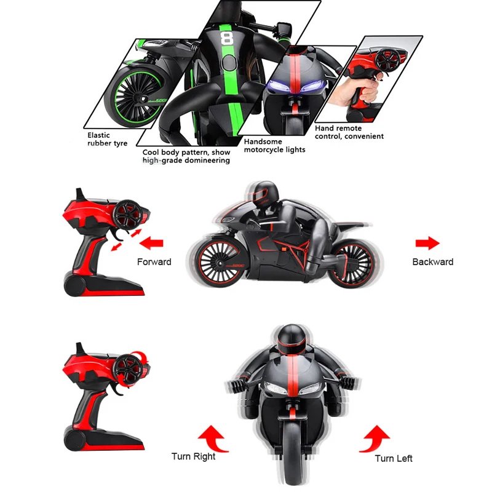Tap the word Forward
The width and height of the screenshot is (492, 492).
(154, 262)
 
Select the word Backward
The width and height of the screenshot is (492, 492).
(433, 262)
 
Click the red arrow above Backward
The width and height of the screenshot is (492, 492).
(427, 243)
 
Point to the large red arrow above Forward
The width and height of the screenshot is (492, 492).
(151, 243)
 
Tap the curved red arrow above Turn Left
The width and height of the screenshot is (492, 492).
(375, 438)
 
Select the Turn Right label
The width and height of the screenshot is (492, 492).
(193, 456)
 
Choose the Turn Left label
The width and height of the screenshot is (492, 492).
(394, 458)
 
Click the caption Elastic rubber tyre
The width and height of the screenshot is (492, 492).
(107, 140)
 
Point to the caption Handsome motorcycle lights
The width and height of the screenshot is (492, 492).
(274, 146)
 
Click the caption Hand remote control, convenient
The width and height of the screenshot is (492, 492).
(349, 132)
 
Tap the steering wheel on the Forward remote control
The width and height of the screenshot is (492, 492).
(129, 214)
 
